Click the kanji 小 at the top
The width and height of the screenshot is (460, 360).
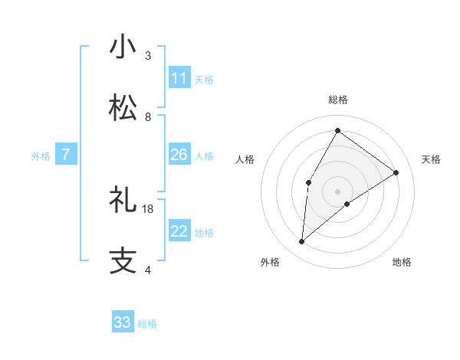[x=123, y=47]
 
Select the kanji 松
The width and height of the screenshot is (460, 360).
[x=123, y=107]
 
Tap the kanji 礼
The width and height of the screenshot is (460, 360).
[x=123, y=200]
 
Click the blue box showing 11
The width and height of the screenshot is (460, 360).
[x=179, y=78]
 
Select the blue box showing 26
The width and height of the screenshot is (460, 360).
[x=179, y=155]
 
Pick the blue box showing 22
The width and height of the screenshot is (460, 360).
[x=179, y=232]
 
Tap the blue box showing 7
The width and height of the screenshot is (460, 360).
[x=66, y=155]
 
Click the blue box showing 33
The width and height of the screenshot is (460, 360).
[x=123, y=322]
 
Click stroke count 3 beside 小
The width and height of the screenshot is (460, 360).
[x=148, y=56]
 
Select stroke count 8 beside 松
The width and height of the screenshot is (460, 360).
[x=148, y=117]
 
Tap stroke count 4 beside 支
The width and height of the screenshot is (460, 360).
[x=148, y=270]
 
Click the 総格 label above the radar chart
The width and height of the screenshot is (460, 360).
[x=337, y=100]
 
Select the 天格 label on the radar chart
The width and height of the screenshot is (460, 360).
[x=431, y=159]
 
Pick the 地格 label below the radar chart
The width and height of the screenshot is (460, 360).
[x=402, y=262]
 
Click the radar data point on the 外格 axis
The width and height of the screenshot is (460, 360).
[x=302, y=242]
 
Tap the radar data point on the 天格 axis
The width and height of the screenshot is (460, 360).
[x=396, y=173]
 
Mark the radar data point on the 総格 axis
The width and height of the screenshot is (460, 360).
[x=337, y=130]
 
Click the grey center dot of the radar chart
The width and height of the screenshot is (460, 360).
[x=337, y=191]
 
